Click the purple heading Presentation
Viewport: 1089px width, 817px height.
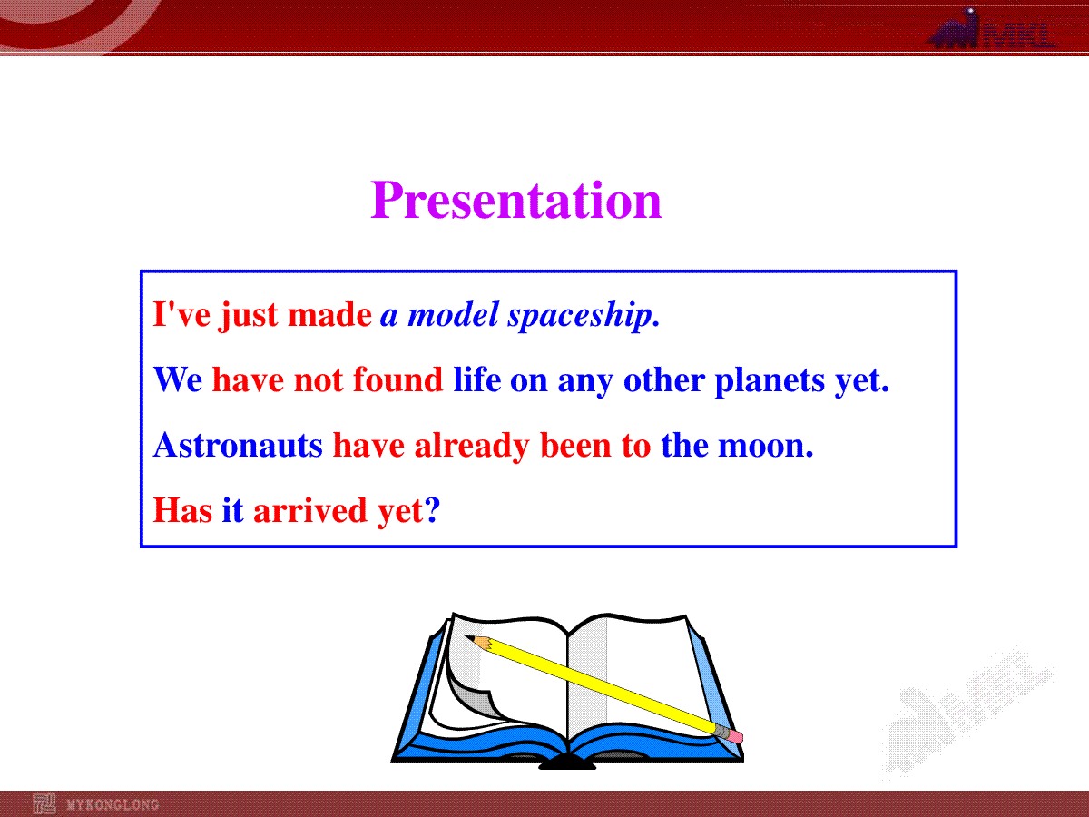coord(516,200)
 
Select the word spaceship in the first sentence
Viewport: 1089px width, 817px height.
coord(580,316)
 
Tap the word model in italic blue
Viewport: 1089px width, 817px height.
coord(453,315)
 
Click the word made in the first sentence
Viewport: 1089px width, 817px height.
coord(330,315)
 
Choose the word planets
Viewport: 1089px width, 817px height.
coord(770,381)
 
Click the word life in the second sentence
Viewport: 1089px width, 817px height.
coord(477,380)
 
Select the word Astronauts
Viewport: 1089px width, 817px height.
coord(238,445)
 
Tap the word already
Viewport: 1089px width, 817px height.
coord(472,447)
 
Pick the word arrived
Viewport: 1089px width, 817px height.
coord(310,510)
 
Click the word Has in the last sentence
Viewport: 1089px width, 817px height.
coord(182,510)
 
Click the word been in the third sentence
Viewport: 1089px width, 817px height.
coord(575,445)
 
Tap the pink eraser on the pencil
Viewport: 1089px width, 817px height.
coord(736,736)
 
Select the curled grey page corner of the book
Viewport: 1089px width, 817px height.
coord(476,698)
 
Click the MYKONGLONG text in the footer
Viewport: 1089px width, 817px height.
coord(113,804)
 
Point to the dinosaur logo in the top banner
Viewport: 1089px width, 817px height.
coord(955,29)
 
